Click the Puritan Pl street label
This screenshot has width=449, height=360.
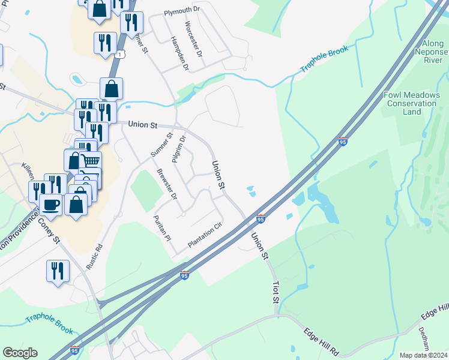pyautogui.click(x=162, y=228)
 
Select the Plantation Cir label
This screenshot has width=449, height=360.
pyautogui.click(x=205, y=235)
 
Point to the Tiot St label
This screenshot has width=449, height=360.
pyautogui.click(x=276, y=291)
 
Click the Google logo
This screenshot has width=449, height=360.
pyautogui.click(x=20, y=353)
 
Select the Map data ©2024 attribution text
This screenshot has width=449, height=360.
pyautogui.click(x=423, y=355)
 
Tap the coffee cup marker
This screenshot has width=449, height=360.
pyautogui.click(x=50, y=205)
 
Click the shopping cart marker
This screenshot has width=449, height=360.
pyautogui.click(x=90, y=161)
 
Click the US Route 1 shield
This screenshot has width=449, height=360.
pyautogui.click(x=122, y=55)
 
